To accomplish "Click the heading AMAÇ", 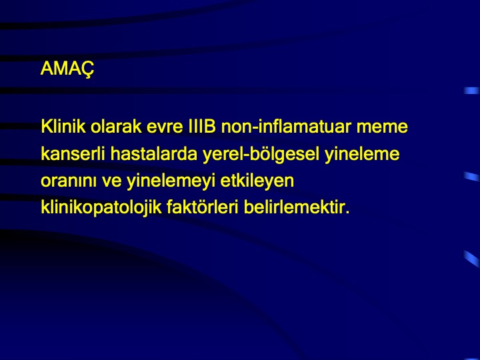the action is tap(67, 69).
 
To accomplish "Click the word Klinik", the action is tap(63, 126).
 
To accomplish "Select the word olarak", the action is tap(116, 126).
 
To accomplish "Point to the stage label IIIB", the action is tap(202, 126).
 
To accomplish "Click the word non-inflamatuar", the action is tap(286, 126).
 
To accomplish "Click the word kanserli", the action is tap(73, 153).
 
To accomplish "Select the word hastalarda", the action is tap(154, 153).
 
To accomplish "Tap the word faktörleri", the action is tap(203, 207).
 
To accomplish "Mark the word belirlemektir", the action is tap(293, 207).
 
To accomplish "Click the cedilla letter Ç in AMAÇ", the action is tap(87, 69).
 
